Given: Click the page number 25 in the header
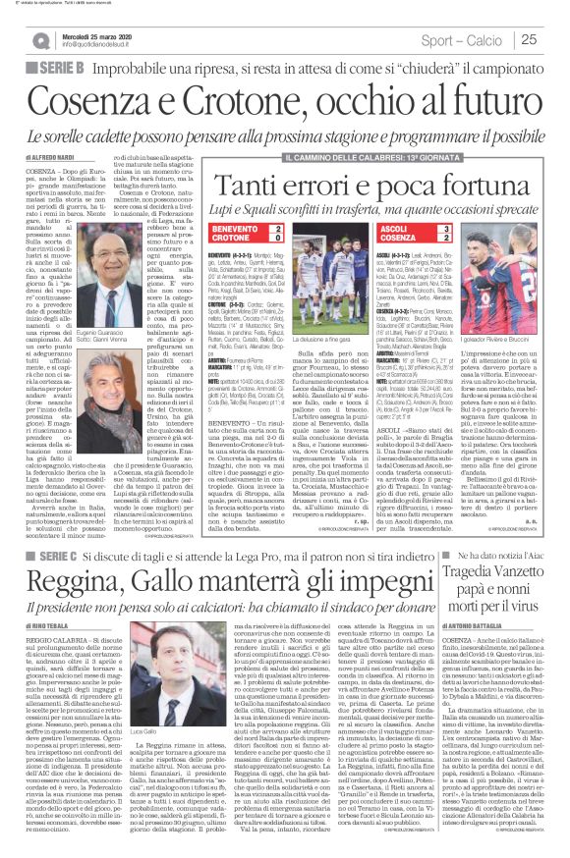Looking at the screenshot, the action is tap(555, 40).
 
